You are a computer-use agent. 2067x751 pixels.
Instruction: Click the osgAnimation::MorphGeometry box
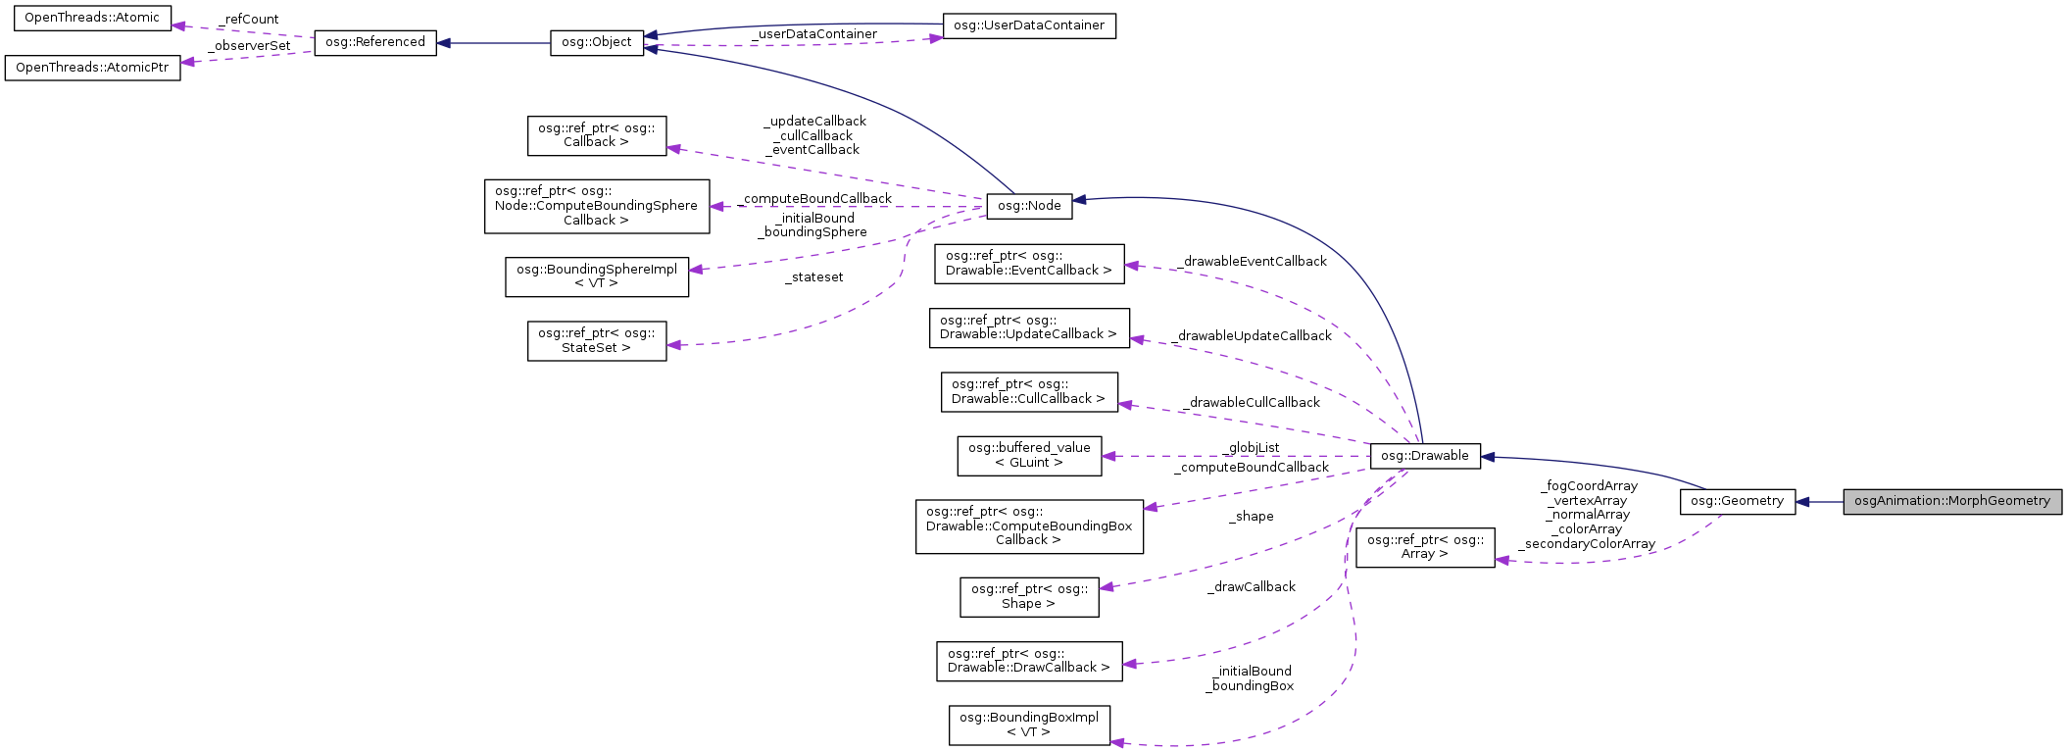point(1951,501)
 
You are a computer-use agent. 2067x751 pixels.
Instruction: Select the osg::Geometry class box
point(1737,501)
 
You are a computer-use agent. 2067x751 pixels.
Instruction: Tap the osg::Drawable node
point(1424,456)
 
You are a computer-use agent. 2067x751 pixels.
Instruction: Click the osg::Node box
point(1028,206)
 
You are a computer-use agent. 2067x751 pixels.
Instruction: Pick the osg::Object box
point(596,43)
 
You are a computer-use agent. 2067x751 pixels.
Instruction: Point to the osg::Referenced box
point(374,42)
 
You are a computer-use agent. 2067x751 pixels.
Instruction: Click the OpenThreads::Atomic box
point(91,18)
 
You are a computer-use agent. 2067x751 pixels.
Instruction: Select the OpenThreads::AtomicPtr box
point(92,68)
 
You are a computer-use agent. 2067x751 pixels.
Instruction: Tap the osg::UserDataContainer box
point(1028,25)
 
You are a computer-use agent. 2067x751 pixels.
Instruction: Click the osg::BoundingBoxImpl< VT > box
point(1028,725)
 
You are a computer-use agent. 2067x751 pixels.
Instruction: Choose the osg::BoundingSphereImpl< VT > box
point(596,276)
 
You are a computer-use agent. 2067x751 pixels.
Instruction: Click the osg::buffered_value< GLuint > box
point(1028,456)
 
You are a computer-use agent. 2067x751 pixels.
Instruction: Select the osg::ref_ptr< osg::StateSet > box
point(596,340)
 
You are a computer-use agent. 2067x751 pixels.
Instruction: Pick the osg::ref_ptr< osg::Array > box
point(1424,547)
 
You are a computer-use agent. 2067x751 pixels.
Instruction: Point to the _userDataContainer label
point(813,34)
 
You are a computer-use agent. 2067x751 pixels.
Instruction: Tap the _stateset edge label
point(813,277)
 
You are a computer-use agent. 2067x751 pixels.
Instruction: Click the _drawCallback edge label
point(1252,587)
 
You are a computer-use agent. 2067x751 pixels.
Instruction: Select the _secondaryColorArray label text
point(1587,544)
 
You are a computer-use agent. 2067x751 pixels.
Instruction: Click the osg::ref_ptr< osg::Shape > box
point(1028,596)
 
